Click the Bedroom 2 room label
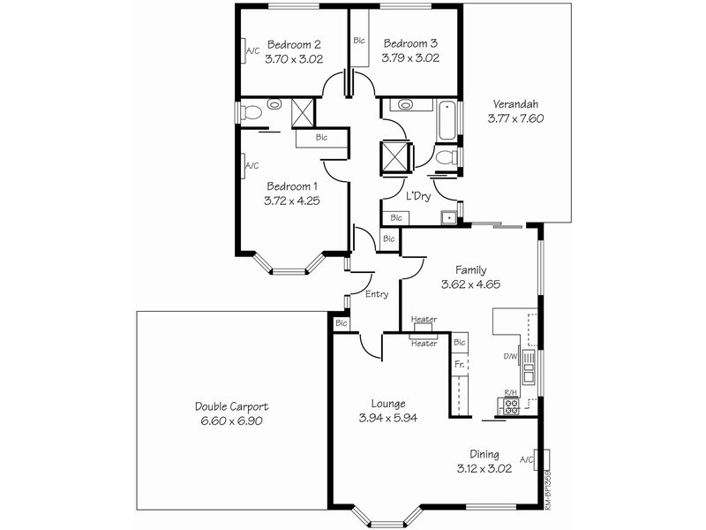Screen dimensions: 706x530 coord(294,45)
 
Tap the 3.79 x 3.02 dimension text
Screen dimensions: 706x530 coord(410,58)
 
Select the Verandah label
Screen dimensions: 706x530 coord(515,104)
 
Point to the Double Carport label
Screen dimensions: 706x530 coord(231,406)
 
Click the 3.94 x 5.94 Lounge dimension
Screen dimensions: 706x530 coord(387,418)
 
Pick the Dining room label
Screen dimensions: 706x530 coord(484,454)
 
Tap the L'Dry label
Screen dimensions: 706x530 coord(418,196)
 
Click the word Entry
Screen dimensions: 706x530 coord(377,294)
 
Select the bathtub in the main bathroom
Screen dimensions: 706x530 coord(447,121)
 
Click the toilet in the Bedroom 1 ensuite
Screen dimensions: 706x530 coord(251,112)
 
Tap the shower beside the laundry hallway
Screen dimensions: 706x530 coord(395,156)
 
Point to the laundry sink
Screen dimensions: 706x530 coord(448,218)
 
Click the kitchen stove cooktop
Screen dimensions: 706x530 coord(511,406)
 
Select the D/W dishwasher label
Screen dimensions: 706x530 coord(510,357)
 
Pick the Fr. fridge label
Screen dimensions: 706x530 coord(459,364)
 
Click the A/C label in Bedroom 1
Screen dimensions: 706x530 coord(252,166)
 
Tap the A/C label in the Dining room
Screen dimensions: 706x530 coord(527,460)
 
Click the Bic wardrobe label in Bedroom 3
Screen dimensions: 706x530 coord(359,41)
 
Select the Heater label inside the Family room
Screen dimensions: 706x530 coord(424,319)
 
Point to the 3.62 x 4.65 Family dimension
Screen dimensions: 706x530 coord(470,284)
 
